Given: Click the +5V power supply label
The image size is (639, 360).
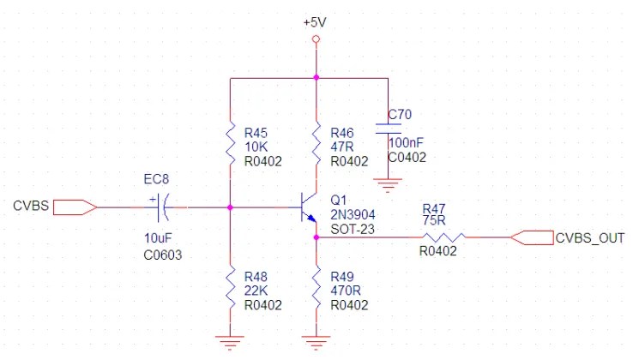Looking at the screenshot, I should pyautogui.click(x=316, y=21).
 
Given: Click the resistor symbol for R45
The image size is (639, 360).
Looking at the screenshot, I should pyautogui.click(x=230, y=142).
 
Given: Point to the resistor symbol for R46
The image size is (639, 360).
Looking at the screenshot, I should pyautogui.click(x=316, y=142).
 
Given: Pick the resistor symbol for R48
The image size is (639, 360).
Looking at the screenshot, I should pyautogui.click(x=230, y=288).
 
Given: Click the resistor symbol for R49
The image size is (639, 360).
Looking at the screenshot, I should pyautogui.click(x=316, y=288).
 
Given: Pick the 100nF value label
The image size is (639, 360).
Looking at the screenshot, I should pyautogui.click(x=407, y=143).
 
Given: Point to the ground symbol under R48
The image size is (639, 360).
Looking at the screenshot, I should pyautogui.click(x=230, y=343).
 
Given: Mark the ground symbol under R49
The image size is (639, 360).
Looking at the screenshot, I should pyautogui.click(x=316, y=343).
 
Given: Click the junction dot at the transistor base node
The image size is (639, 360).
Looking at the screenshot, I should pyautogui.click(x=230, y=207).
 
